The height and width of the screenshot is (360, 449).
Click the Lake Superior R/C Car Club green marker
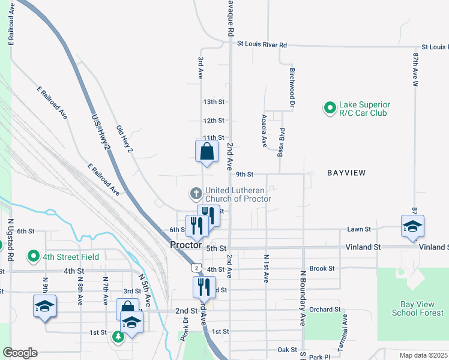329,109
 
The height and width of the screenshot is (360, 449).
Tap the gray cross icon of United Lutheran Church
195,194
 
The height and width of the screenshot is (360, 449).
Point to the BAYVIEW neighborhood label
346,173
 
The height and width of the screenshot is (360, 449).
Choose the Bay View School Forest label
418,308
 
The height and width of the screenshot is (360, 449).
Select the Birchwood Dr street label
292,87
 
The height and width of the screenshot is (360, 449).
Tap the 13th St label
213,103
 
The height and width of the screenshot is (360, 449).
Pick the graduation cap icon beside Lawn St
412,226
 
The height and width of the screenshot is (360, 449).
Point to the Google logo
20,352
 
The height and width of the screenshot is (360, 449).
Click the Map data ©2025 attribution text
423,355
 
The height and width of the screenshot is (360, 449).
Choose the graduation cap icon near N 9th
44,307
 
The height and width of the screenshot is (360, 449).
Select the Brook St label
322,268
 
